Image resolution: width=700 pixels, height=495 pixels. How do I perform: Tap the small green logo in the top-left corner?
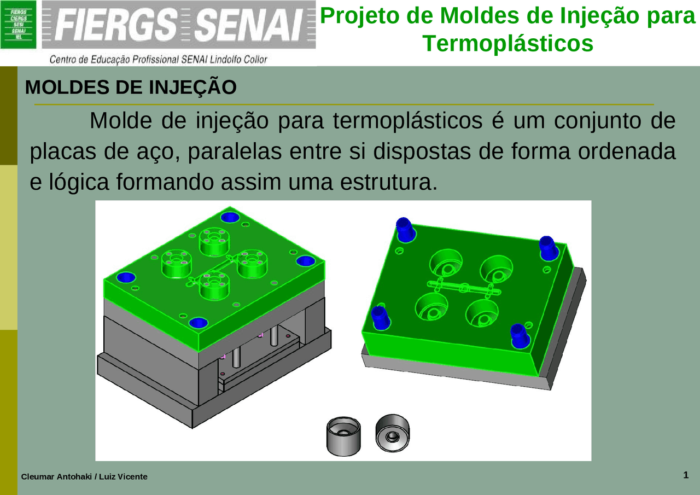19,24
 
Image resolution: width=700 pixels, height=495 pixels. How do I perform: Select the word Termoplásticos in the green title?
508,43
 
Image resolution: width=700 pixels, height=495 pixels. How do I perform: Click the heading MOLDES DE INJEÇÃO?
131,88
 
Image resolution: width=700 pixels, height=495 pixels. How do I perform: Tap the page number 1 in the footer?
685,475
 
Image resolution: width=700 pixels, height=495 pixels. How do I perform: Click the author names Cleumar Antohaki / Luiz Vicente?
84,477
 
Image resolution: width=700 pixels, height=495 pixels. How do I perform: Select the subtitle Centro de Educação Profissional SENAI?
159,59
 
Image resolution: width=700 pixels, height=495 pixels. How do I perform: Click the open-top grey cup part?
343,435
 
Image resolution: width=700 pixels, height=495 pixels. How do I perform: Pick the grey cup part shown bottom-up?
393,433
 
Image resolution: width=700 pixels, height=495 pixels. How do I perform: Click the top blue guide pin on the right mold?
405,229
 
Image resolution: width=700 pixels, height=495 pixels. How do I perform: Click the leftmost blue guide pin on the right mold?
380,317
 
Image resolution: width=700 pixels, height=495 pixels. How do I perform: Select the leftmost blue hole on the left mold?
126,277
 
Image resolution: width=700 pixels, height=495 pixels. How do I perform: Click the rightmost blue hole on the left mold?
305,261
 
